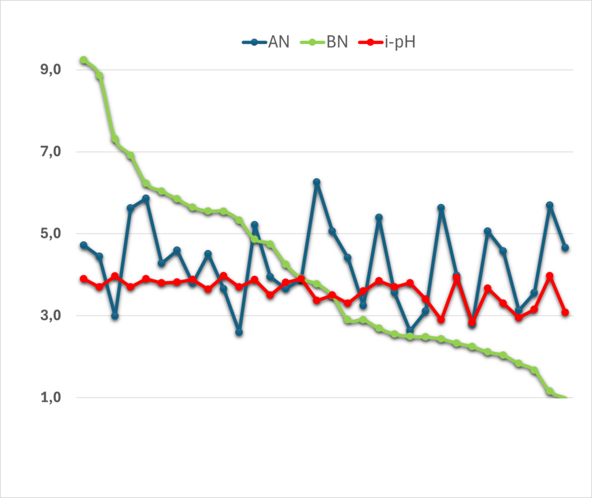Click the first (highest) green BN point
[84, 60]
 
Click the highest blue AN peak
[317, 182]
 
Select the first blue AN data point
[84, 245]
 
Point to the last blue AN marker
[565, 248]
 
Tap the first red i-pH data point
[84, 279]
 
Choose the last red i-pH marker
[565, 312]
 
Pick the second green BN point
[99, 76]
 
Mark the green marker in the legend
[312, 42]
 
